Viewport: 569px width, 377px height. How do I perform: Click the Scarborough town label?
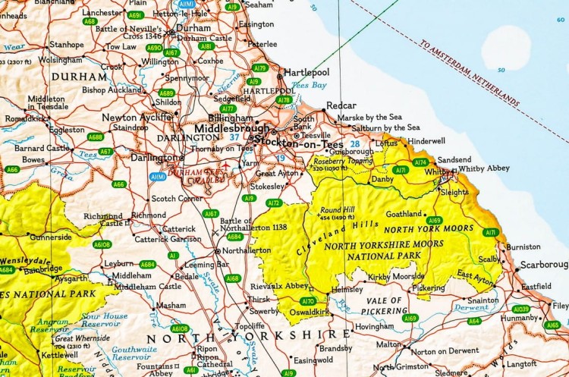click(x=543, y=266)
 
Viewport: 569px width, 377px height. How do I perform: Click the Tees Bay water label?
click(x=310, y=86)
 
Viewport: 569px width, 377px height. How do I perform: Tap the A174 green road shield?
click(x=420, y=162)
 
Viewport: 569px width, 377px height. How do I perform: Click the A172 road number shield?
click(x=274, y=203)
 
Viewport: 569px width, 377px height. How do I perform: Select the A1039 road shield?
click(x=520, y=309)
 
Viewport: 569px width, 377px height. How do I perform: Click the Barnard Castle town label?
click(x=41, y=148)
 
